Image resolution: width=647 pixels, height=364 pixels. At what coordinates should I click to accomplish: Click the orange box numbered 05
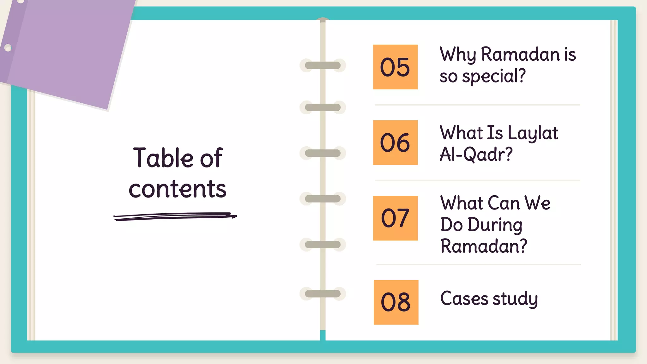395,67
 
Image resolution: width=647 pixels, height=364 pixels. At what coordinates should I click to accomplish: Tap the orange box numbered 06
395,143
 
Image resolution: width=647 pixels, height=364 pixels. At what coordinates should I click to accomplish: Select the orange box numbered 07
395,218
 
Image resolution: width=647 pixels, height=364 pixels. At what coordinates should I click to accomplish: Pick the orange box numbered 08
396,302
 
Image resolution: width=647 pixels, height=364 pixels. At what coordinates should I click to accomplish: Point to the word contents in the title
178,189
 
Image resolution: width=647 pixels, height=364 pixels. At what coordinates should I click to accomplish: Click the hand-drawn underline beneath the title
175,216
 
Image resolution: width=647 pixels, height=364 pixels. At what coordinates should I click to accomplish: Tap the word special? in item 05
494,76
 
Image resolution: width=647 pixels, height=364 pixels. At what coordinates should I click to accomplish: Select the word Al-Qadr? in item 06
476,155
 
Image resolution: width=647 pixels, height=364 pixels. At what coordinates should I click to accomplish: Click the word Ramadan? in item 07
484,246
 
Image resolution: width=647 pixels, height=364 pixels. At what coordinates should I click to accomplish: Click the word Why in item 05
458,55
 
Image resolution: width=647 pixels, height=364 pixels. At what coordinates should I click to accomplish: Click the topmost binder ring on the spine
323,65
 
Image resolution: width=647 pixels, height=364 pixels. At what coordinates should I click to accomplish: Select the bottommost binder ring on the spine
323,294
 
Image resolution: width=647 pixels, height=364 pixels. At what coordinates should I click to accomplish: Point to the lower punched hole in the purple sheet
8,48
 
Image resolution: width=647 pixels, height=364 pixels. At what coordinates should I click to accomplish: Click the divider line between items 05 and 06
477,105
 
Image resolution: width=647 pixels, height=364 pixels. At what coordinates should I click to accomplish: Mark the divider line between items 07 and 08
478,264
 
